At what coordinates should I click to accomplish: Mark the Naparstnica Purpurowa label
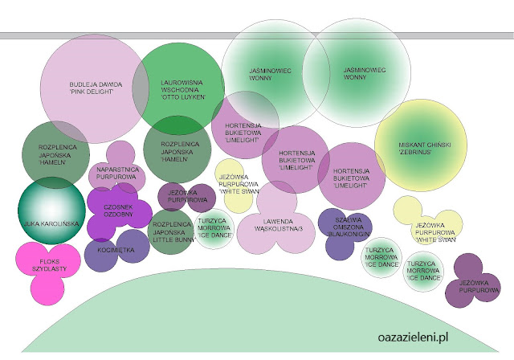119,174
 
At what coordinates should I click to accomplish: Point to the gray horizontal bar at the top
257,35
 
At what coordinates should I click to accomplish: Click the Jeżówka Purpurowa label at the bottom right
477,287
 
